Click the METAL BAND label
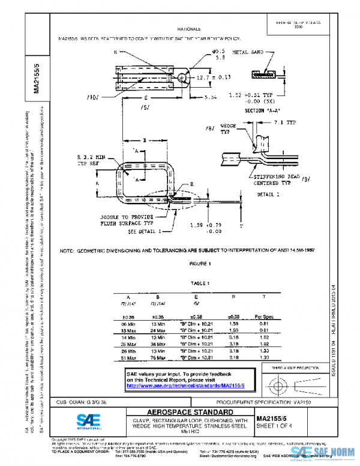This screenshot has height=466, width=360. [247, 52]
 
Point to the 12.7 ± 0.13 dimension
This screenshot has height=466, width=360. [214, 77]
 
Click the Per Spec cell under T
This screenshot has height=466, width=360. [264, 315]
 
